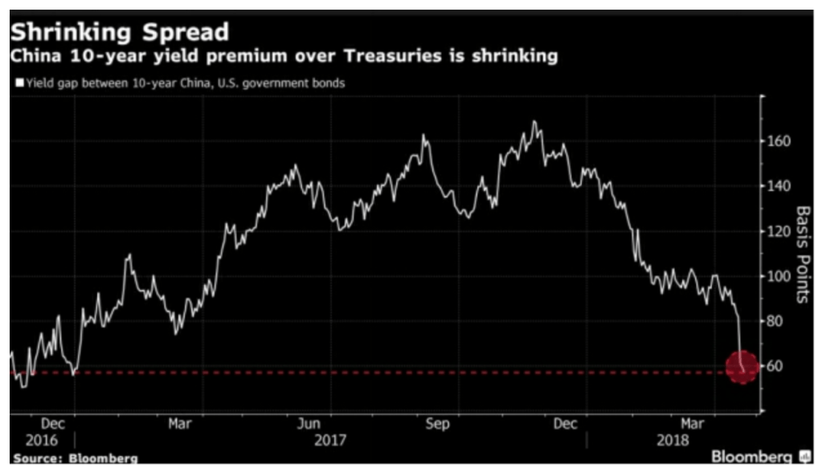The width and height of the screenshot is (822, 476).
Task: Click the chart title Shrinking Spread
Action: tap(120, 32)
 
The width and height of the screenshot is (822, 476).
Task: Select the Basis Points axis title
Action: tap(802, 254)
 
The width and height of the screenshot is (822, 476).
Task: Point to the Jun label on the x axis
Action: tap(309, 423)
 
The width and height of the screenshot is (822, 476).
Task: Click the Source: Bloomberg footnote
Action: tap(75, 458)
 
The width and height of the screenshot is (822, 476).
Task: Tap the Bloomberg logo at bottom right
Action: tap(759, 457)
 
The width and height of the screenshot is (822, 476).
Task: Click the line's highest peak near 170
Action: tap(534, 122)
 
